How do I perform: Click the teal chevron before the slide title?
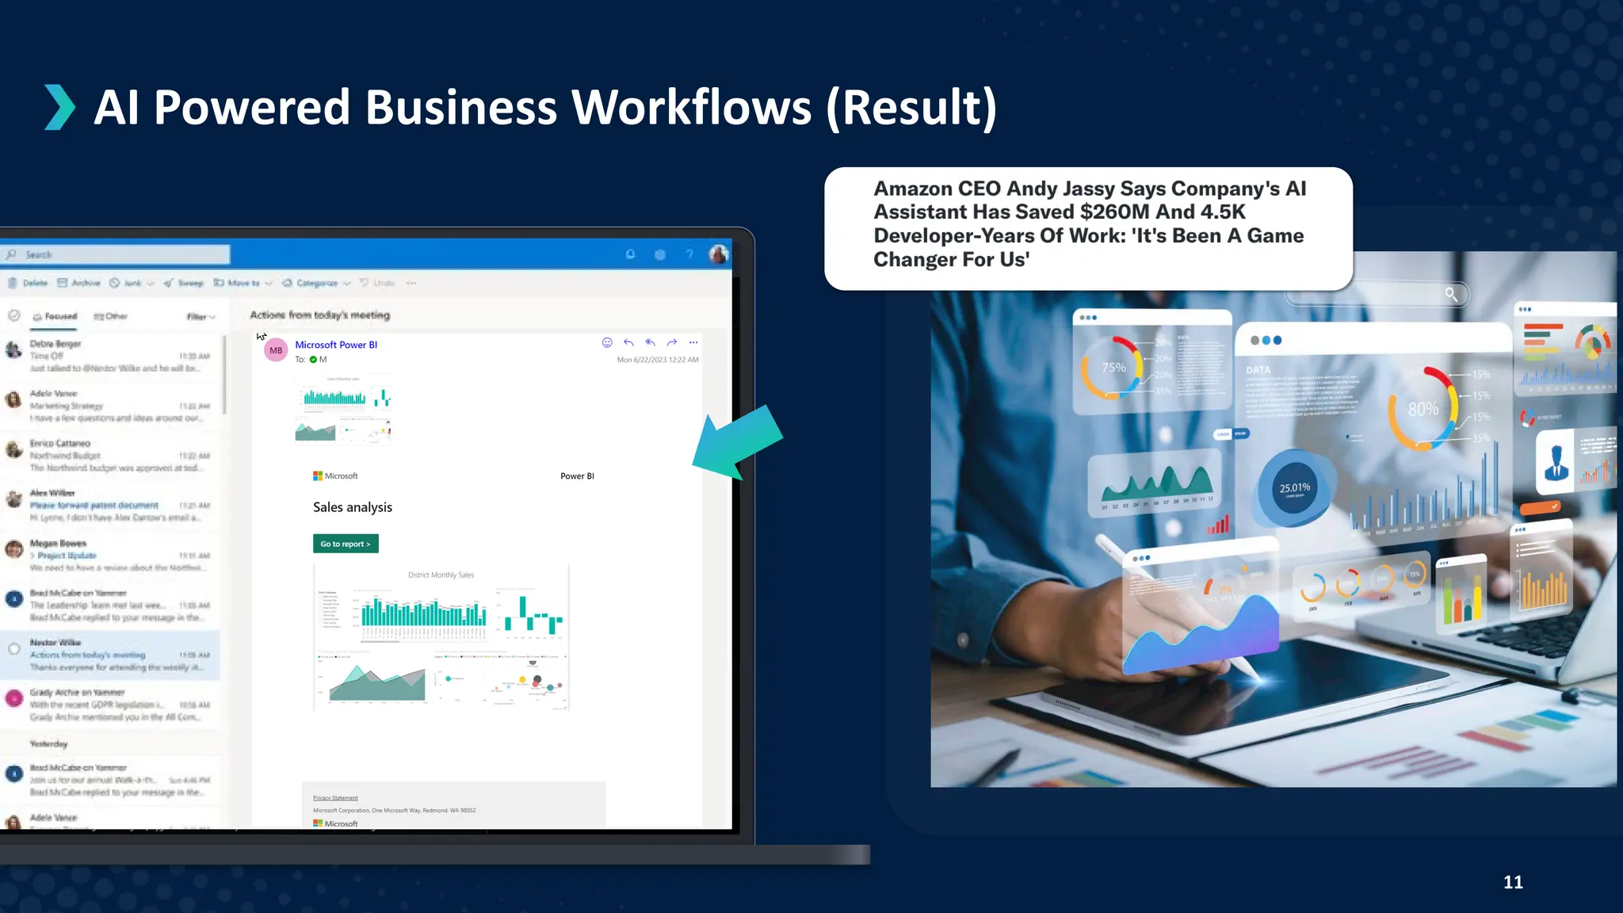(59, 107)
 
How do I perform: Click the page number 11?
(1513, 882)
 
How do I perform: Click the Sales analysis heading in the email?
(353, 507)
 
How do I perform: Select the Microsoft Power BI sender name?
(336, 345)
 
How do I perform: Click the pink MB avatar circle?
(276, 350)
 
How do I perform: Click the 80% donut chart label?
(1423, 409)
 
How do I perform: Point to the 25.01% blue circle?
(1295, 488)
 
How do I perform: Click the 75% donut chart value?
(1113, 367)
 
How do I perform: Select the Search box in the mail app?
(117, 254)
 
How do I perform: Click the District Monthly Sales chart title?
(441, 575)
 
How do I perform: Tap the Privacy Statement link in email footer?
(335, 797)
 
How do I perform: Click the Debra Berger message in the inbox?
(111, 356)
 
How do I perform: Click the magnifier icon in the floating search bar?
(1451, 294)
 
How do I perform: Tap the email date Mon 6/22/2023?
(657, 360)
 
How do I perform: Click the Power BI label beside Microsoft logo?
(577, 476)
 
